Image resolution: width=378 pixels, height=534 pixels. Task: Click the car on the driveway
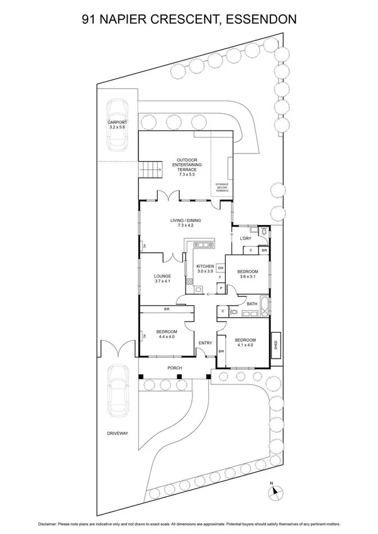pos(118,393)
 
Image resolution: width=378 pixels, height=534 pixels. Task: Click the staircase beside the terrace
pos(150,169)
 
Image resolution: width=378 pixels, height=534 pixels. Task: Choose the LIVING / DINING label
pos(185,222)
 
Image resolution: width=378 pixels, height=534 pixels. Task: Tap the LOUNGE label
pos(163,279)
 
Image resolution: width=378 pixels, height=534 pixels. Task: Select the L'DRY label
pos(246,238)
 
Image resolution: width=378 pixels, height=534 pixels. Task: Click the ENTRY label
pos(205,343)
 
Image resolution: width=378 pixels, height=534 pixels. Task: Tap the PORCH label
pos(174,368)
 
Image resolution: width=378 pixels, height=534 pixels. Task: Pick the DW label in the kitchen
pos(221,267)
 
